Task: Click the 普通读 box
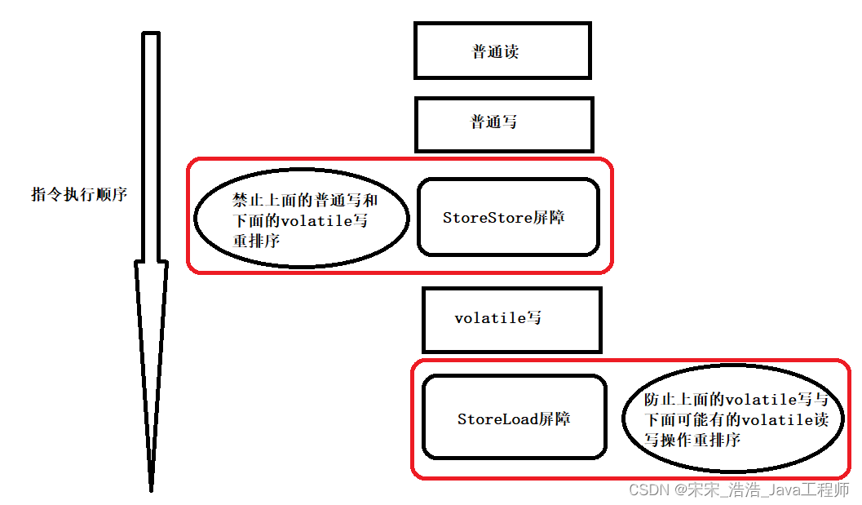point(502,51)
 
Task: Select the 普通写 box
point(503,124)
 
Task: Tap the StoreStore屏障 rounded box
point(508,217)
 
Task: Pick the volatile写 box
point(511,319)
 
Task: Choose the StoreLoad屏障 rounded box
point(514,418)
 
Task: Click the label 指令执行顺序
point(79,195)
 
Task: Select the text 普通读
point(495,52)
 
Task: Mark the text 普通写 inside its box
point(493,122)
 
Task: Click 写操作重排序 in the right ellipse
point(692,440)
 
